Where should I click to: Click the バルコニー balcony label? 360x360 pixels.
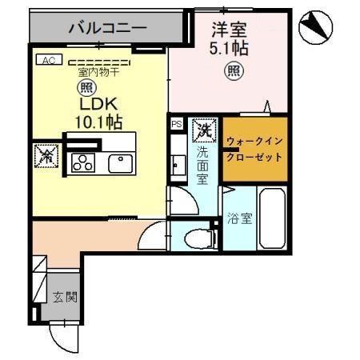(106, 29)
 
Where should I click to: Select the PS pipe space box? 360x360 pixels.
(176, 125)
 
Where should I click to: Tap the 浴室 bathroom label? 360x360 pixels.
(239, 217)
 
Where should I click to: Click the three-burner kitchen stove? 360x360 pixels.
(82, 162)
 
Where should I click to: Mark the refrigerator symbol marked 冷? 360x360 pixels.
(45, 156)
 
